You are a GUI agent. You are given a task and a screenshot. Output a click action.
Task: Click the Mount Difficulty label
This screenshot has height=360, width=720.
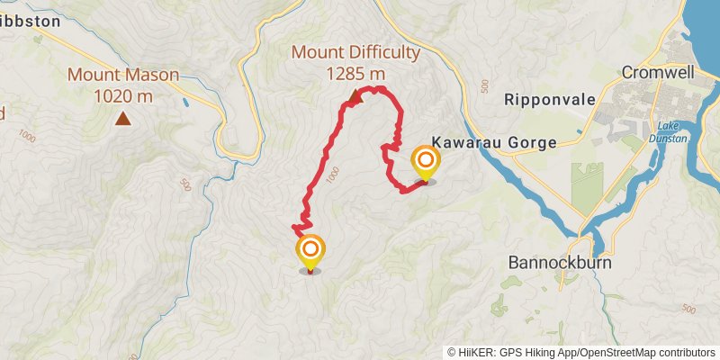point(355,52)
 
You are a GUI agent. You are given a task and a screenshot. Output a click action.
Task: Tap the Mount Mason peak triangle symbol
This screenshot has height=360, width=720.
point(121,118)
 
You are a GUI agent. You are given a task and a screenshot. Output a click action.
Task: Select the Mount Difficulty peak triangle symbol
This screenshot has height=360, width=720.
point(355,96)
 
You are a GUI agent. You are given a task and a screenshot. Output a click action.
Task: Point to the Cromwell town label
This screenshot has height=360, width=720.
point(659,73)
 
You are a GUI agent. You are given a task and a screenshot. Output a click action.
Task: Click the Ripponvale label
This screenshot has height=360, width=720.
point(550,99)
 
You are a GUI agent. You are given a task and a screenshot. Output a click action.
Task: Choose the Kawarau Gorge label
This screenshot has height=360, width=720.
point(494,142)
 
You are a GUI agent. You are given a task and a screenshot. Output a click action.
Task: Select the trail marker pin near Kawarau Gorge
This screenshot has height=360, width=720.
point(425,164)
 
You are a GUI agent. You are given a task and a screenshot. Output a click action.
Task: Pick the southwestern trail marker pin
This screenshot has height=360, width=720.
point(310,251)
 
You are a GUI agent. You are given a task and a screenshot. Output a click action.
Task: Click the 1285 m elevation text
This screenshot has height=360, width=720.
point(355,73)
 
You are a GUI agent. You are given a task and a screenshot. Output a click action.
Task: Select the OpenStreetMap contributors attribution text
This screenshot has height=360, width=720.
point(647,352)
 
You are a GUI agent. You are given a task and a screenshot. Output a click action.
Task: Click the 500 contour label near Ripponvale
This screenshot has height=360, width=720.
point(485,86)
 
